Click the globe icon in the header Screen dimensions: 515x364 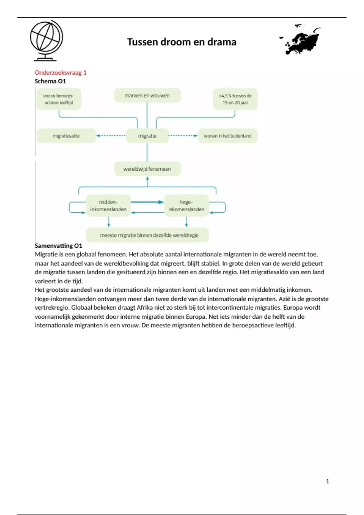point(46,41)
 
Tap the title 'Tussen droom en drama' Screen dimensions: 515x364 point(181,42)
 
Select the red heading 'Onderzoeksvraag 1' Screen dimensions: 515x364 point(60,72)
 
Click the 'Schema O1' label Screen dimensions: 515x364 point(50,81)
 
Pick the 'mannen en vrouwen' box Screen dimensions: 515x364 point(147,96)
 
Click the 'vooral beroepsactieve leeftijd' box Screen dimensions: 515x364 point(59,99)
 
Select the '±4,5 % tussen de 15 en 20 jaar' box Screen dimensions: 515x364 point(235,99)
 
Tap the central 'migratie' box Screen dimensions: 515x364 point(147,136)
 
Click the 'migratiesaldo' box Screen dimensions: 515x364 point(66,136)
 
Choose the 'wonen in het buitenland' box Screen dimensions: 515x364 point(227,136)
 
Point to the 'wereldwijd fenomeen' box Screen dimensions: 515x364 point(147,169)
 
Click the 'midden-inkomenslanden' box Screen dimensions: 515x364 point(108,205)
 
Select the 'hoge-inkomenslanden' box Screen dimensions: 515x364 point(186,205)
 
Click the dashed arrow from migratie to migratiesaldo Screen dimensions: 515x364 point(111,136)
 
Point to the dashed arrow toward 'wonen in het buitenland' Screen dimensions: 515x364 point(183,136)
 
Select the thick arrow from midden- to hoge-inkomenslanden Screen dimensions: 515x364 point(147,202)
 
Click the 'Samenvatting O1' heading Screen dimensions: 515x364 point(58,246)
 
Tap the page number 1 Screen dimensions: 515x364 point(327,481)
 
